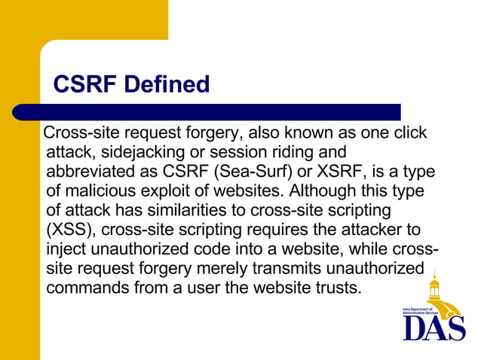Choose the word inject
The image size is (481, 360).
(67, 249)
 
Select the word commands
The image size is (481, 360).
(84, 288)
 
